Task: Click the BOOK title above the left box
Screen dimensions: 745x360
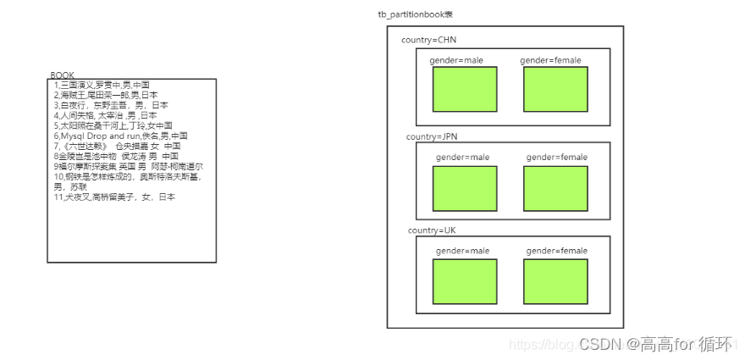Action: coord(63,75)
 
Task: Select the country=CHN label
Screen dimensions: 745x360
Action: coord(429,41)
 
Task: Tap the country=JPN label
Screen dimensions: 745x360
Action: coord(432,136)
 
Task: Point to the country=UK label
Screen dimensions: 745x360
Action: coord(432,230)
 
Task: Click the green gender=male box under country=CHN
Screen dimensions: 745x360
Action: coord(465,89)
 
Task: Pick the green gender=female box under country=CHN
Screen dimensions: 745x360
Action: coord(555,89)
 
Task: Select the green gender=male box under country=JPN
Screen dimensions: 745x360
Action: coord(465,188)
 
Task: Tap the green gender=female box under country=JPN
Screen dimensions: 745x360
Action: coord(555,188)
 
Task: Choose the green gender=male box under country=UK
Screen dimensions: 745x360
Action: coord(465,281)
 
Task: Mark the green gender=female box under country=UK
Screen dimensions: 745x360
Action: coord(555,281)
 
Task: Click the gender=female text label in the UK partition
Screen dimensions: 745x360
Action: coord(556,251)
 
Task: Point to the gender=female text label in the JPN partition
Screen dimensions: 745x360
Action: coord(556,158)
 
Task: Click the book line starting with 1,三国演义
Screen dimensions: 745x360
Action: coord(102,85)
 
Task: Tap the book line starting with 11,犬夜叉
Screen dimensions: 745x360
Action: coord(114,197)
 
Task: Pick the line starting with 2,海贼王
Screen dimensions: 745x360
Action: coord(106,95)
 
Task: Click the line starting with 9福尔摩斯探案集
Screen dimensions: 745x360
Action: coord(128,166)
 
